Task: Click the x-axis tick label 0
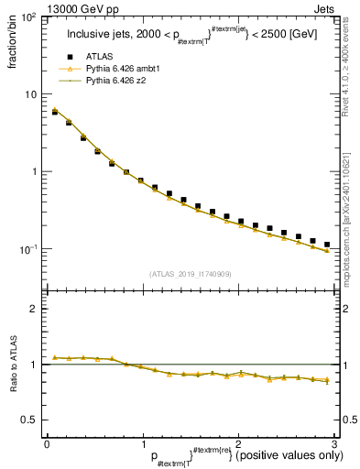click(47, 443)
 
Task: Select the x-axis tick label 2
click(238, 443)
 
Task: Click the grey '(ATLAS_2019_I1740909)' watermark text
click(190, 274)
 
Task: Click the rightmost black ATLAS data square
click(326, 245)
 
